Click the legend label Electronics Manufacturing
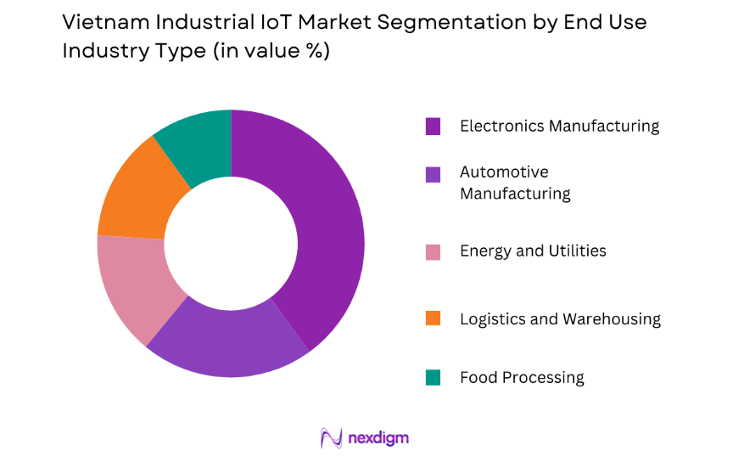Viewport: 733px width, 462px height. click(x=559, y=126)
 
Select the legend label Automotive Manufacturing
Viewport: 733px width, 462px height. click(x=515, y=183)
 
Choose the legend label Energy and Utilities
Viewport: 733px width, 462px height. click(x=533, y=251)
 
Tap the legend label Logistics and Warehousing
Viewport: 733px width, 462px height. click(x=560, y=318)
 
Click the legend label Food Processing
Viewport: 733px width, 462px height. click(x=522, y=377)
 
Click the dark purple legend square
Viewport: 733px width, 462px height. click(x=434, y=127)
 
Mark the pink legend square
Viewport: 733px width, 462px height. click(x=434, y=251)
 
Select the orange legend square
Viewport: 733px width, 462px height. click(x=434, y=318)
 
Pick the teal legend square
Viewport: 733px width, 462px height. click(x=434, y=377)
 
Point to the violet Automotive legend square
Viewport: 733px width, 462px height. click(x=434, y=174)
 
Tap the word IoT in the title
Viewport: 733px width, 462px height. click(x=261, y=23)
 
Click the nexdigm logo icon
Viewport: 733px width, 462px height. click(x=331, y=437)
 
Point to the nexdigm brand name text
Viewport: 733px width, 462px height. click(x=378, y=438)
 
